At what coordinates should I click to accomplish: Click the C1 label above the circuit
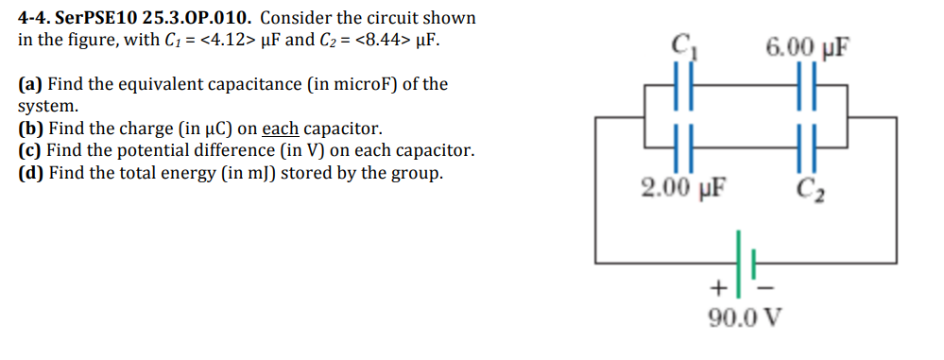coord(680,44)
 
